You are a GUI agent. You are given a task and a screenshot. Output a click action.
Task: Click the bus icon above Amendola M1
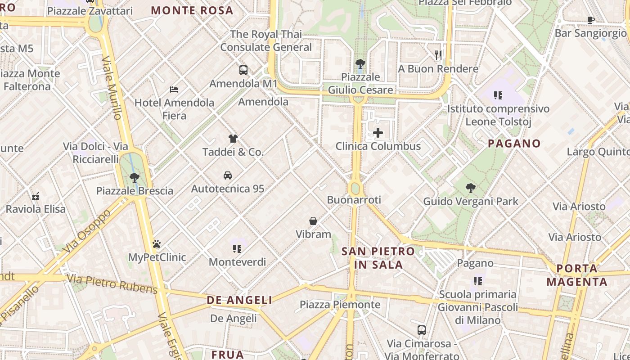click(243, 70)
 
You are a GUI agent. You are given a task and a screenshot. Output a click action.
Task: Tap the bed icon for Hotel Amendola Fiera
click(174, 90)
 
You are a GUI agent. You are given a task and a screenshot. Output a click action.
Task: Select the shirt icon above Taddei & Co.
click(233, 139)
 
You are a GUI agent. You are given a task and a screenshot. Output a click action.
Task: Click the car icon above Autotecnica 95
click(228, 175)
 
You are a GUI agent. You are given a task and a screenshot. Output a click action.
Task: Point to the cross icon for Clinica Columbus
click(378, 133)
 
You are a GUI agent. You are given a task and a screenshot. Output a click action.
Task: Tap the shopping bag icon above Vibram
click(313, 221)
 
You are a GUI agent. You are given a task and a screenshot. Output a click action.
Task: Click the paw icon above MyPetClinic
click(157, 244)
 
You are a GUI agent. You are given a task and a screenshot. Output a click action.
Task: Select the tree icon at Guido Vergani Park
click(471, 188)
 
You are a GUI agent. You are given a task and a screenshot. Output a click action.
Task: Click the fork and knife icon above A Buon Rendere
click(438, 55)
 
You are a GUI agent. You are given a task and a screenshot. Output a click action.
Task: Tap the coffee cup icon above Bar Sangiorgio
click(591, 20)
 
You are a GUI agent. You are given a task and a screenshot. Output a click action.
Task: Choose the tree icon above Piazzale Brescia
click(134, 177)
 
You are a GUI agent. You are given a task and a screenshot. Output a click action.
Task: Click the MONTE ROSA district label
click(192, 10)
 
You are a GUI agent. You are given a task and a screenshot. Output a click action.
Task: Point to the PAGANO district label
click(514, 144)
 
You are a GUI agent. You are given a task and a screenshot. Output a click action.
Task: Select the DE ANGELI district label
click(239, 300)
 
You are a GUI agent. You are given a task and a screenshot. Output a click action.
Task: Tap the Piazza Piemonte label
click(340, 305)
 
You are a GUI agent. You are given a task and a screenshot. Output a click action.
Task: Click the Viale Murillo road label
click(112, 88)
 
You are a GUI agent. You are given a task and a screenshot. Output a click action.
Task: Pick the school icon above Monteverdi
click(237, 248)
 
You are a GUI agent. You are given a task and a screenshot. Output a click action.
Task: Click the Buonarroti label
click(354, 200)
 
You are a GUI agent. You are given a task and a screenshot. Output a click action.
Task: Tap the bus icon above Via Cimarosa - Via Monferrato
click(422, 330)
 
